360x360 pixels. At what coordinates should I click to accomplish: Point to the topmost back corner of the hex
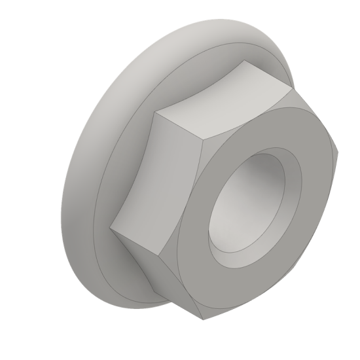point(243,62)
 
